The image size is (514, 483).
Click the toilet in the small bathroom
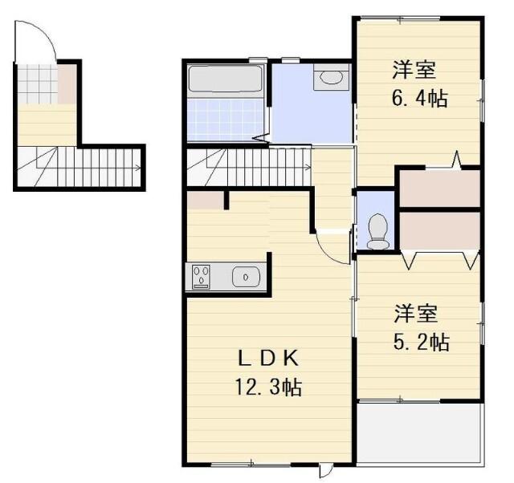(377, 231)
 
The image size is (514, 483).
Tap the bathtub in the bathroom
(226, 80)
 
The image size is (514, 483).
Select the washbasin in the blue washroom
(331, 78)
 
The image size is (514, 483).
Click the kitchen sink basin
(246, 278)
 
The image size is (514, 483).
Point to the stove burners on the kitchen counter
(202, 278)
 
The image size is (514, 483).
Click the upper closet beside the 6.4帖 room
(439, 188)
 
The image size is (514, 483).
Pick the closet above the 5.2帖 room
(439, 231)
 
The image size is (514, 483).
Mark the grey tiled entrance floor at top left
(37, 82)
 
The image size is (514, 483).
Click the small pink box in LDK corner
(206, 200)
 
